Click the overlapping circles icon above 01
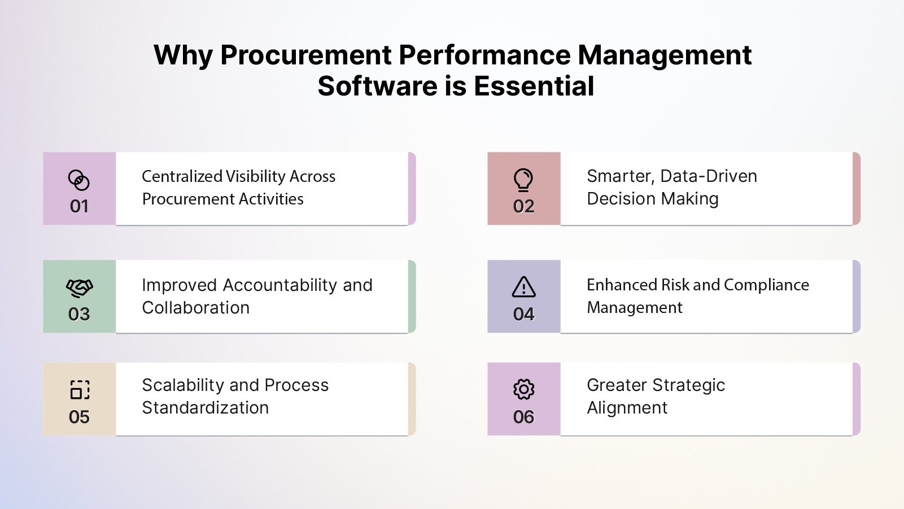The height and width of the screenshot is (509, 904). [x=79, y=180]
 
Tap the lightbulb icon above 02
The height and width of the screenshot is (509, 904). [x=523, y=180]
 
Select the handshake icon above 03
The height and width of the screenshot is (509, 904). [x=79, y=288]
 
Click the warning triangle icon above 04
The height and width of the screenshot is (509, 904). [x=523, y=287]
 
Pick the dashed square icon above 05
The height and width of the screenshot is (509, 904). [x=80, y=390]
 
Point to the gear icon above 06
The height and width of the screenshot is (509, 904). [x=523, y=389]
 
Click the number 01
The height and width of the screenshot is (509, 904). [x=79, y=206]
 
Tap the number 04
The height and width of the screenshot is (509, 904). [x=523, y=314]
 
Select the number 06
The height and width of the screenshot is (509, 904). [x=523, y=417]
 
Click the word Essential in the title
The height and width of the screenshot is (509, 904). [x=534, y=86]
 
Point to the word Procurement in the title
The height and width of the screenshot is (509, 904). [x=305, y=55]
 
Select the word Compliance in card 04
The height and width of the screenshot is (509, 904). [x=766, y=285]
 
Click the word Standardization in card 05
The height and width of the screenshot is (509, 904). [x=205, y=408]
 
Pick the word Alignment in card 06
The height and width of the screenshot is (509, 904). [x=627, y=408]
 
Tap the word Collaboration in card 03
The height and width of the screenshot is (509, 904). [x=195, y=308]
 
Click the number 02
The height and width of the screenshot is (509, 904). [x=523, y=206]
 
